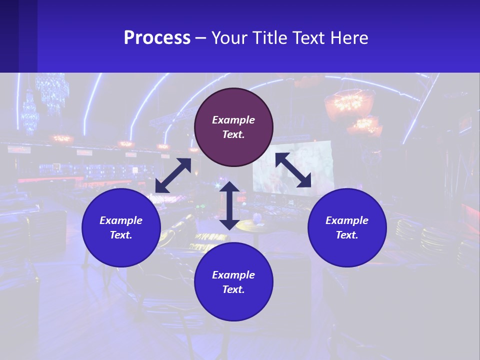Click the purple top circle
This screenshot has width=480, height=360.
pos(233,127)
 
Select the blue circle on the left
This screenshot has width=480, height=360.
pos(121,227)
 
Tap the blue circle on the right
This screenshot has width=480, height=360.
pos(347,227)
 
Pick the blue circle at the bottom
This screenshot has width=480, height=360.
pos(233,282)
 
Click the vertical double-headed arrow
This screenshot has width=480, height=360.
pos(229,205)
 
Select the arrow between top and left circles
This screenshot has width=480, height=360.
pos(173,175)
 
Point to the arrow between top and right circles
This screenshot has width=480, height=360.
pos(293,170)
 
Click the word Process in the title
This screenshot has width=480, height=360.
pos(157,38)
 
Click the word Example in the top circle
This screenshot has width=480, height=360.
pos(233,120)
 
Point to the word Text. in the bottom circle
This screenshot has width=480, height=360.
pos(233,289)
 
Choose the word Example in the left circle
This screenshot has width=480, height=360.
pos(121,220)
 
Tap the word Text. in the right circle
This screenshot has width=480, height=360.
pos(347,235)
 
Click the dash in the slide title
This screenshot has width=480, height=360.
pos(201,38)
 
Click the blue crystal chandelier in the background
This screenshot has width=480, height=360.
pos(52,92)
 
